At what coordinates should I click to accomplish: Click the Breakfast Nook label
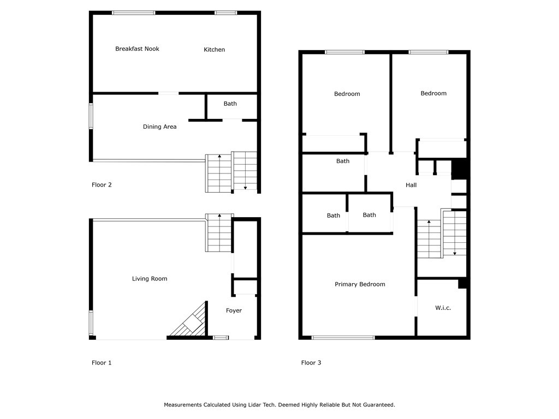coord(137,49)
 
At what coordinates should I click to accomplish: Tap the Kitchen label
coord(214,50)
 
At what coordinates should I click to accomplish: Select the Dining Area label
coord(160,127)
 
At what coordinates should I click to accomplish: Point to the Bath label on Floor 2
coord(230,104)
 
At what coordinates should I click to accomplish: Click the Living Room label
coord(150,279)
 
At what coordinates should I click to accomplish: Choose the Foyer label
coord(234,310)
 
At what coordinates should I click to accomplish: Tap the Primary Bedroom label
coord(360,284)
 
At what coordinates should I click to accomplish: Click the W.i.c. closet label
coord(443,308)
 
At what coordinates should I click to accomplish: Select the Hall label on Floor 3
coord(411,185)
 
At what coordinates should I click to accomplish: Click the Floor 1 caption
coord(102,363)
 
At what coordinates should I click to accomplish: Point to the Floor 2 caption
coord(102,184)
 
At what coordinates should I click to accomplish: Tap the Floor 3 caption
coord(311,363)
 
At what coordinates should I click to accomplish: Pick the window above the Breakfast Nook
coord(134,13)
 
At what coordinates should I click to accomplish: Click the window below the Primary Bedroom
coord(343,337)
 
